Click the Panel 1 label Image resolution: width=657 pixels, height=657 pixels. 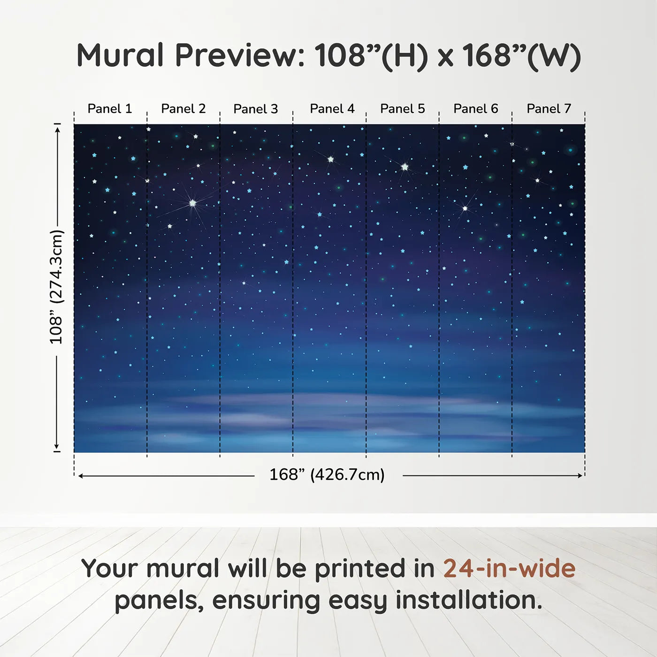point(110,109)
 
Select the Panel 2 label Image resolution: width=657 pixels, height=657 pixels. point(183,109)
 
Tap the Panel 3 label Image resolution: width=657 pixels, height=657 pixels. point(256,109)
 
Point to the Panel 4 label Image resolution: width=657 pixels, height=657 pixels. point(332,109)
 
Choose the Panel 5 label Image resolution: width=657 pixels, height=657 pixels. point(403,109)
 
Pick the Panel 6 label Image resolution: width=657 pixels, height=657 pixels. point(476,109)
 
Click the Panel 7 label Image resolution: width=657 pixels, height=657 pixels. point(549,109)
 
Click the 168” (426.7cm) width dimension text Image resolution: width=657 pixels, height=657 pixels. point(327,475)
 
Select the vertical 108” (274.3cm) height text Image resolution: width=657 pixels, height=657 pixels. point(56,287)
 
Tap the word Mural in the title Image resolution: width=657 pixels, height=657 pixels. point(120,55)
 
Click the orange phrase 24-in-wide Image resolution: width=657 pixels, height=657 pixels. point(509,569)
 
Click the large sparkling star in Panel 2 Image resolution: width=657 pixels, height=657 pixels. point(192,203)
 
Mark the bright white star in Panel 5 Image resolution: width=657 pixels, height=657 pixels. point(405,167)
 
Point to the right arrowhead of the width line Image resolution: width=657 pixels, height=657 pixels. point(581,476)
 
